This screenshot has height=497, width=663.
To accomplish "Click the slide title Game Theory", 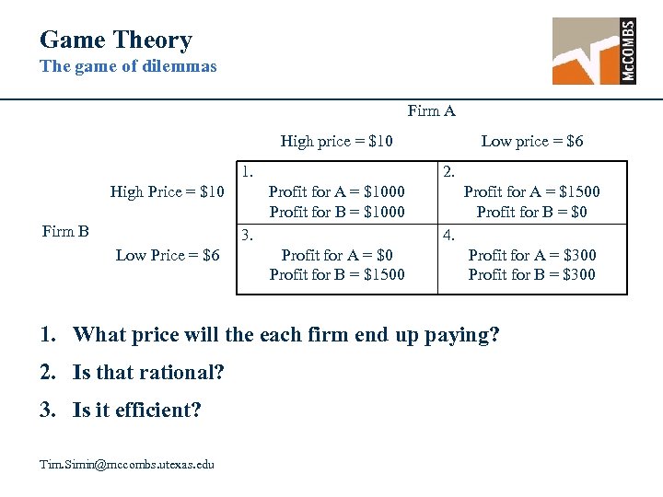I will (x=116, y=40).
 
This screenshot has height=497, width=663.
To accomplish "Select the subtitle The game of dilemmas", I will (x=128, y=66).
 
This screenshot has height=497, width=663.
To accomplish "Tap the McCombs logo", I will (x=594, y=51).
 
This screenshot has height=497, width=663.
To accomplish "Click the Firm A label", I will (x=431, y=111).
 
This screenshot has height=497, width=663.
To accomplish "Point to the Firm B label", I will (x=65, y=230).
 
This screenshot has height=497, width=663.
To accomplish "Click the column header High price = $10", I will (x=336, y=141).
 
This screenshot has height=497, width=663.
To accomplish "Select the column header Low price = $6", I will (x=531, y=141).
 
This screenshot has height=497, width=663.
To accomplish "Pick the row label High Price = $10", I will (x=167, y=191).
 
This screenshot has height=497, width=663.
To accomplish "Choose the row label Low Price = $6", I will (x=168, y=255).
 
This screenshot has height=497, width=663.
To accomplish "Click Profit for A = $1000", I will (x=336, y=191).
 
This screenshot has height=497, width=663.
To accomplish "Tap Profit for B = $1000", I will (x=336, y=212).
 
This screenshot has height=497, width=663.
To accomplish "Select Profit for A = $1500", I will (x=531, y=191).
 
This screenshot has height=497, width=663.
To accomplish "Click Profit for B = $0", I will (x=531, y=212).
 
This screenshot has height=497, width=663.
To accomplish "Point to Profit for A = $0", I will (x=336, y=255).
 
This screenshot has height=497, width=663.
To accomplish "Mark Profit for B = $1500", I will (x=336, y=274).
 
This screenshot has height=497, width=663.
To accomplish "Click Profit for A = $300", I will (x=531, y=255).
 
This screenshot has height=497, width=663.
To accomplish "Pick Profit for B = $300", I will (x=531, y=274).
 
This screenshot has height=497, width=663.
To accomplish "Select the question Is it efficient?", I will (x=136, y=410).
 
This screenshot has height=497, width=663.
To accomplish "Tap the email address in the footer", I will (x=127, y=464).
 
